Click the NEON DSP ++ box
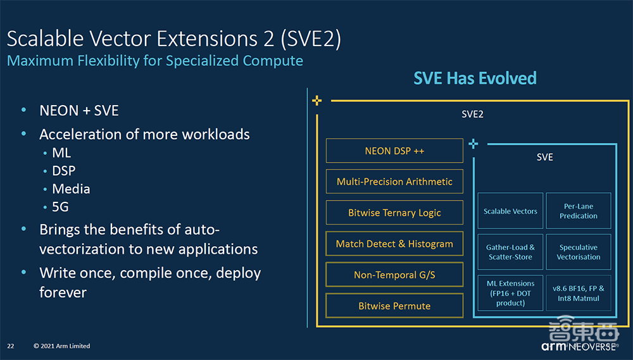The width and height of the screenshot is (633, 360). coord(394,151)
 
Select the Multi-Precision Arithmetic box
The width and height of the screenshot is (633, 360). coord(394,182)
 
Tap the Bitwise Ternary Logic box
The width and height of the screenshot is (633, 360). coord(394,213)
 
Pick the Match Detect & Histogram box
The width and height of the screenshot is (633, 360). coord(394,244)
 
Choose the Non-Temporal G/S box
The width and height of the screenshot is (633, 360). coord(394,275)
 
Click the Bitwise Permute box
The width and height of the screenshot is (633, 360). coord(394,306)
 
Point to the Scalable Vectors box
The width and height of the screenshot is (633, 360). coord(510,211)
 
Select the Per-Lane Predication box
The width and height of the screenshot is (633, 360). coord(579,211)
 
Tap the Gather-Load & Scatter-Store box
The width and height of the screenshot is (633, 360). coord(510,252)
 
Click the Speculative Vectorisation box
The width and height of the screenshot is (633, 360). coord(579,252)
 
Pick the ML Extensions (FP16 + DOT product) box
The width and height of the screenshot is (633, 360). coord(510,293)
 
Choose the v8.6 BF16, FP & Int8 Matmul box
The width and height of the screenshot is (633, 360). coord(579,293)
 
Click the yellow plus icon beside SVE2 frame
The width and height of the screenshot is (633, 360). coord(317,101)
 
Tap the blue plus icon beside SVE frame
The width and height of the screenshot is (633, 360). coord(473,144)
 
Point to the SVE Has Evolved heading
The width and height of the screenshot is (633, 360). coord(475,78)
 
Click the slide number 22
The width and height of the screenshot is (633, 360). coord(11,346)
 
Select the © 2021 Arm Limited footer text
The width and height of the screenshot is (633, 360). coord(62,346)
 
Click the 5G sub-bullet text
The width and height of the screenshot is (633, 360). coord(60,207)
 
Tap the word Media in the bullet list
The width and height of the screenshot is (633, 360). coord(71,189)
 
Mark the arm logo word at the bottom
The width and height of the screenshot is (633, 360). coord(554,346)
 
